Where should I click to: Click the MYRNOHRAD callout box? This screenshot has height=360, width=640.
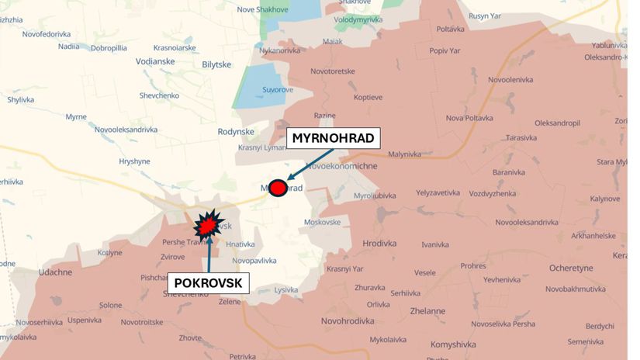[x=334, y=139]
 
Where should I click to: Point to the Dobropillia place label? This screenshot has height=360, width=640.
[x=109, y=47]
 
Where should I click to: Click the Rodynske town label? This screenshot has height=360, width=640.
[x=237, y=132]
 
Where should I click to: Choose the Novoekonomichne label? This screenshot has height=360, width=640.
[x=342, y=166]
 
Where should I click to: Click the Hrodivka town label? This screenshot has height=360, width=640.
[x=379, y=244]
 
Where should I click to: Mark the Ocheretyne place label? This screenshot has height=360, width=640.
[x=571, y=268]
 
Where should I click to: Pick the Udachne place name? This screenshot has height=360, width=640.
[x=55, y=272]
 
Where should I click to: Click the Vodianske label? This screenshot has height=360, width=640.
[x=155, y=61]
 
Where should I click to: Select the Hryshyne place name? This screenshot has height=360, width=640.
[x=135, y=161]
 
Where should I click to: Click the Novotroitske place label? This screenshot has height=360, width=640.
[x=142, y=321]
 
